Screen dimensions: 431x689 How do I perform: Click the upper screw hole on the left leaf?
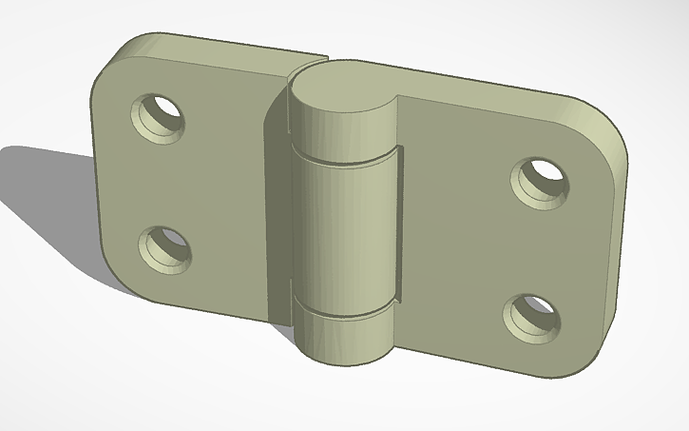click(159, 117)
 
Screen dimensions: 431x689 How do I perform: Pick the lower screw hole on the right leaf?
click(531, 315)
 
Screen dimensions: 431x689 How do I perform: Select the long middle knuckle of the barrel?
click(344, 233)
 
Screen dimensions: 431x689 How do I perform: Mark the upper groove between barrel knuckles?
click(344, 159)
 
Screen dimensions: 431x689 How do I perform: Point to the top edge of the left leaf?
click(219, 44)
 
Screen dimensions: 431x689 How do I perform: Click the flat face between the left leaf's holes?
click(162, 181)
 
